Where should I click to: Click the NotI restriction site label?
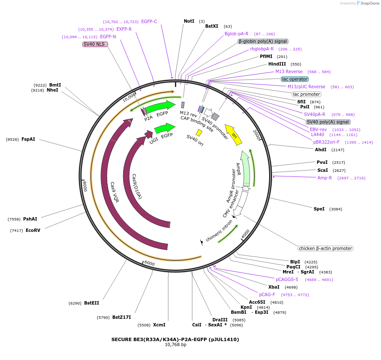point(189,21)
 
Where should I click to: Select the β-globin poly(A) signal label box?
point(263,41)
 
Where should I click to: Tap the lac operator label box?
point(295,79)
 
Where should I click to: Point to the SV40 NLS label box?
point(95,44)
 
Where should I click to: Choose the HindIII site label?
point(277,64)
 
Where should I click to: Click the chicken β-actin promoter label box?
point(325,248)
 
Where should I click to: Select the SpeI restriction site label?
point(319,209)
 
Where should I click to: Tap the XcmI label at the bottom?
point(159,325)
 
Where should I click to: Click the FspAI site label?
point(28,139)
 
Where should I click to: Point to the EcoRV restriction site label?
point(33,230)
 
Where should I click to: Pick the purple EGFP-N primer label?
point(108,37)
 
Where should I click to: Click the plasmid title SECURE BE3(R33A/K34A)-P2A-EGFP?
point(175,339)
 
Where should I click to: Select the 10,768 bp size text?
point(175,345)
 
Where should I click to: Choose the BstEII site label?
point(92,303)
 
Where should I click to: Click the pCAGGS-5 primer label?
point(287,279)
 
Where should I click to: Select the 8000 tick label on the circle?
point(85,186)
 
